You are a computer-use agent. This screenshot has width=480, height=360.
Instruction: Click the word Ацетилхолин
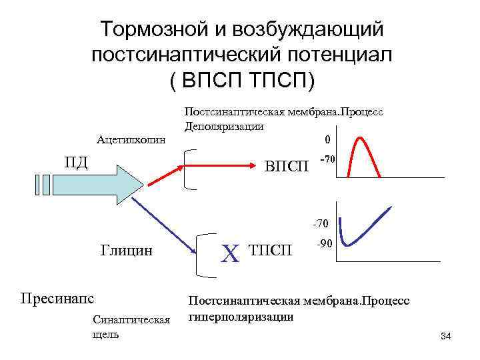pyautogui.click(x=131, y=140)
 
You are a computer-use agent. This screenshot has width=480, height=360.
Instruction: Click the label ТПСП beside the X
pyautogui.click(x=271, y=251)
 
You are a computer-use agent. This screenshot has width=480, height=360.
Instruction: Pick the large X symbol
pyautogui.click(x=229, y=253)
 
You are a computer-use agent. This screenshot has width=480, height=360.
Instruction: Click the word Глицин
pyautogui.click(x=126, y=251)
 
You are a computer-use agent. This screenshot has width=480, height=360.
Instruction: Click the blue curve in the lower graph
pyautogui.click(x=360, y=235)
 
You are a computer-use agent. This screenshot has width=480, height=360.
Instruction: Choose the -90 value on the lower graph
pyautogui.click(x=325, y=244)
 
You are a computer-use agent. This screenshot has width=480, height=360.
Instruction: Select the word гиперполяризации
pyautogui.click(x=241, y=316)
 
